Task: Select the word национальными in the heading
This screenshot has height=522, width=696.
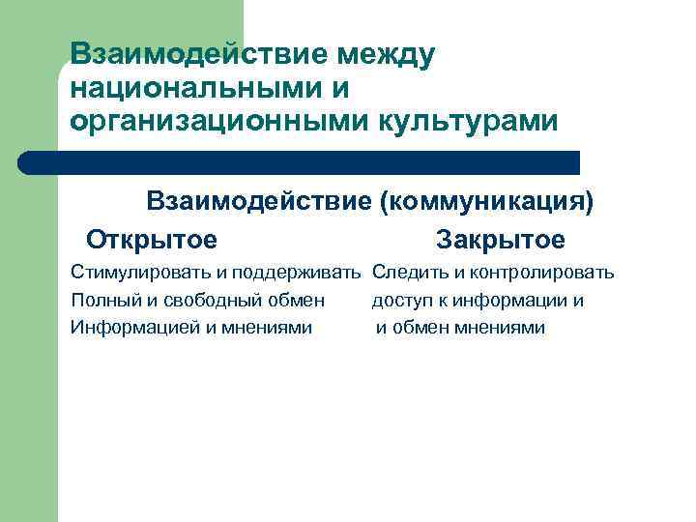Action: coord(193,88)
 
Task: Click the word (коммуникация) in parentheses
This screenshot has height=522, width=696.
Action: coord(486,201)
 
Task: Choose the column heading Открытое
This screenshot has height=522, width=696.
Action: coord(151,239)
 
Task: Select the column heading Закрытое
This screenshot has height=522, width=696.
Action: coord(500,239)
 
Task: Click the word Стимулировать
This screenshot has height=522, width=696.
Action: coord(131,274)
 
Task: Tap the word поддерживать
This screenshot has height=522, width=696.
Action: coord(307,274)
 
